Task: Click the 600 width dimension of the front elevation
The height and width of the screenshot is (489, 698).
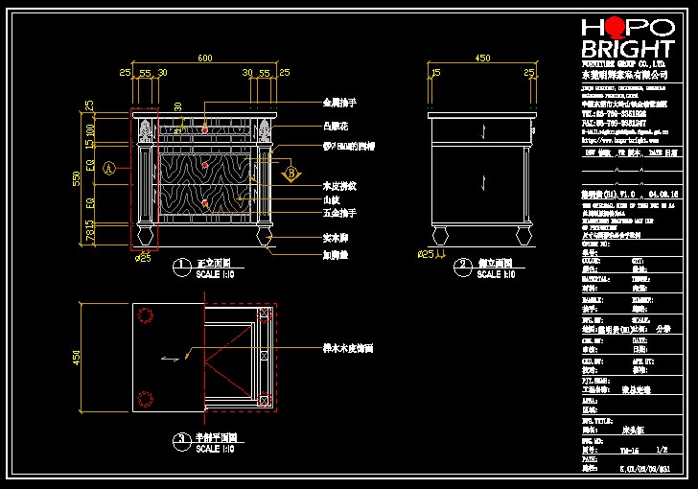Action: click(204, 58)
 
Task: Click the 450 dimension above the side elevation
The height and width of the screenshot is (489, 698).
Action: click(482, 58)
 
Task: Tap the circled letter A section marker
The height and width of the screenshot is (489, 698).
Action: click(108, 168)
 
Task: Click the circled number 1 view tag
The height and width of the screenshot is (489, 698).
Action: click(180, 264)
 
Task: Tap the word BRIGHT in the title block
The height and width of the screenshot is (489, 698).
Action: click(627, 50)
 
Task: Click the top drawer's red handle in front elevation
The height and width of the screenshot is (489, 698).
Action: click(204, 128)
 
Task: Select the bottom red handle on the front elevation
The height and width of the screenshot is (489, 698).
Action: click(204, 203)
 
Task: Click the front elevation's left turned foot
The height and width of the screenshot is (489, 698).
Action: click(145, 234)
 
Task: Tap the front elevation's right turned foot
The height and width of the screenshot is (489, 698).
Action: click(264, 234)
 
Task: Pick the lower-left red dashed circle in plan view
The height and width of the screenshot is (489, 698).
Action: click(146, 399)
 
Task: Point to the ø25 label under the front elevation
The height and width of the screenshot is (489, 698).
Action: click(144, 257)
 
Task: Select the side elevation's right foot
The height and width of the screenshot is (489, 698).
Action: click(523, 234)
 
